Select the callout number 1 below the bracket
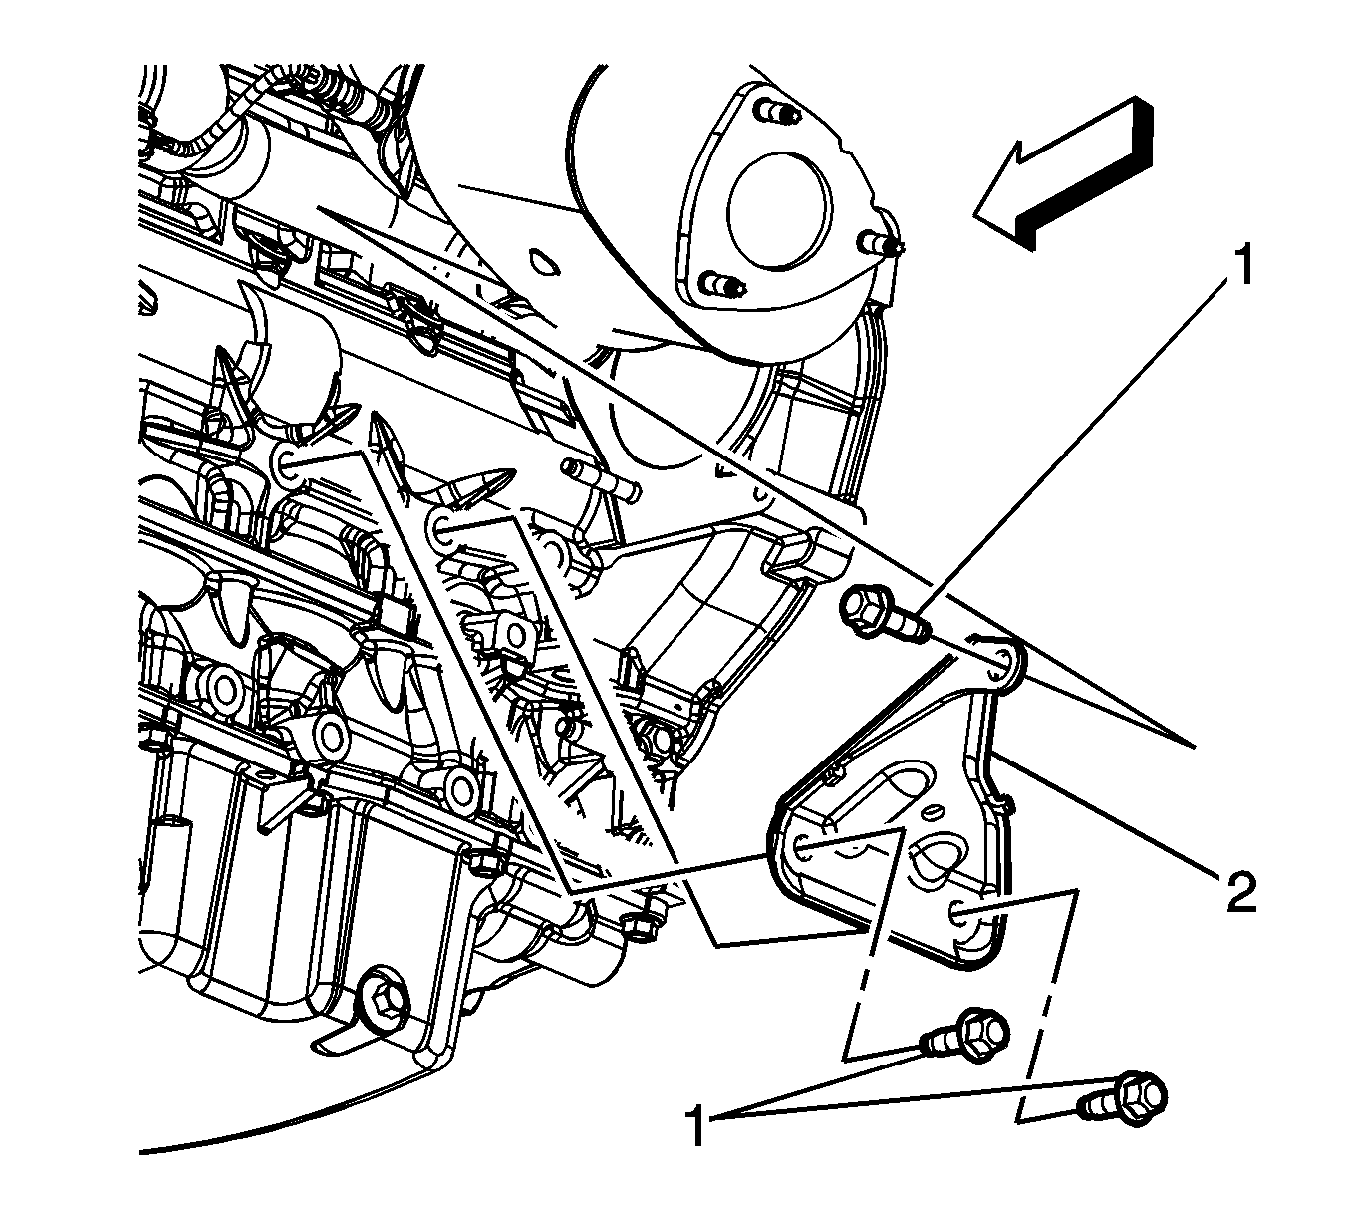tap(698, 1127)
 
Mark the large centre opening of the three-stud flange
tap(778, 211)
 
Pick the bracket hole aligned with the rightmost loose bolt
tap(959, 910)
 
